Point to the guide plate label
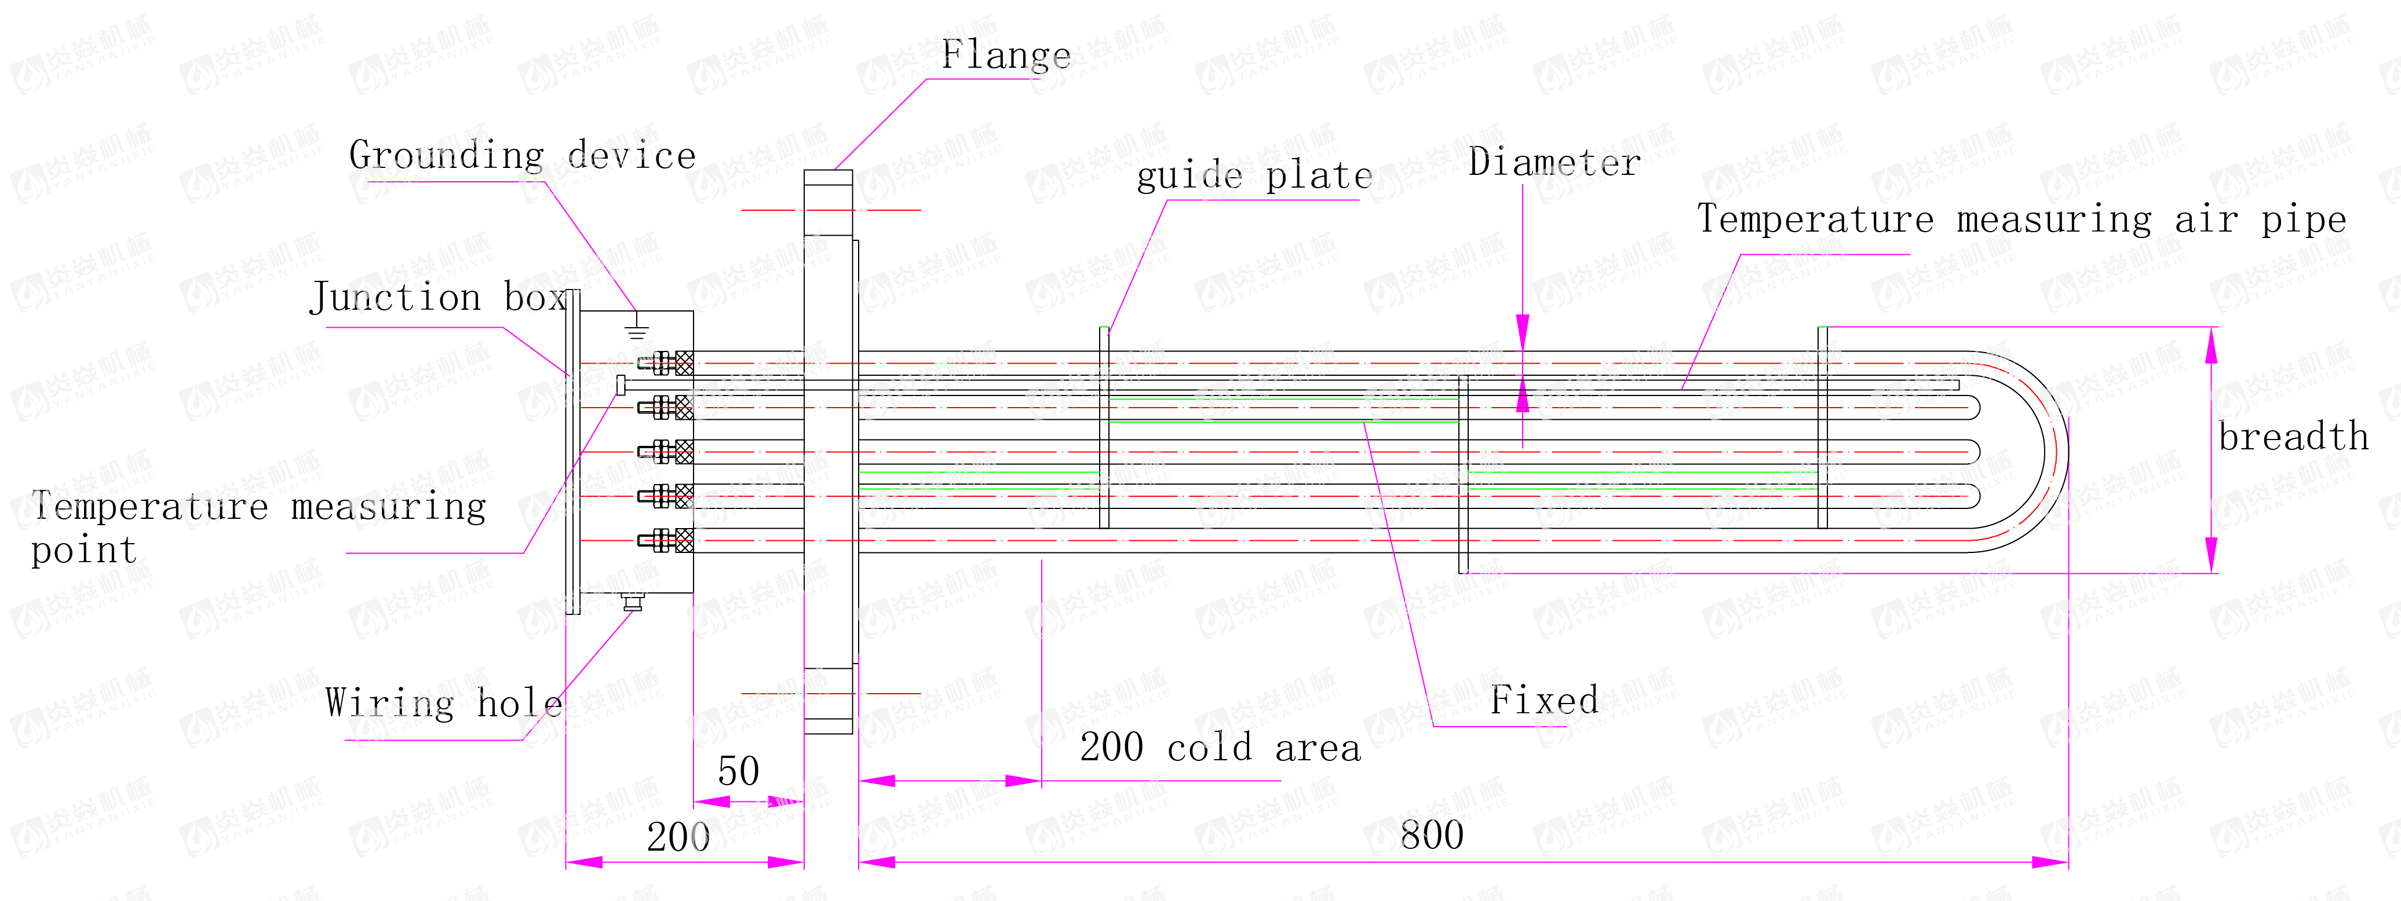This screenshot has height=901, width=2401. click(x=1254, y=176)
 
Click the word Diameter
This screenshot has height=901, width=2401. click(x=1554, y=163)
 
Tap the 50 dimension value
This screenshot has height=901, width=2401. click(x=738, y=771)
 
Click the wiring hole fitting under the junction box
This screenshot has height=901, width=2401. click(x=633, y=603)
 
